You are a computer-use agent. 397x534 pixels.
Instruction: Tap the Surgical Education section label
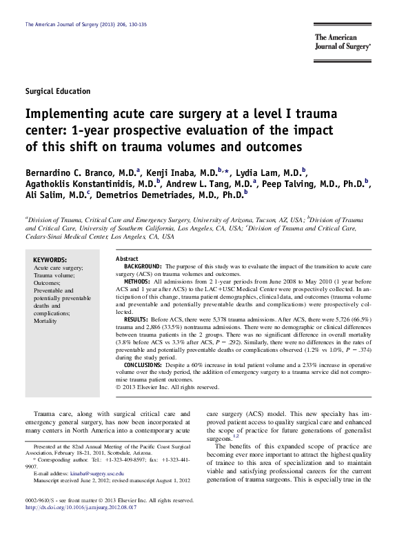coord(57,91)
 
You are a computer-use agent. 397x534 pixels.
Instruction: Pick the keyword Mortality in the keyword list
coord(47,322)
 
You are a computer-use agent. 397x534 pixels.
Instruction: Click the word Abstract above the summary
coord(127,257)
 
